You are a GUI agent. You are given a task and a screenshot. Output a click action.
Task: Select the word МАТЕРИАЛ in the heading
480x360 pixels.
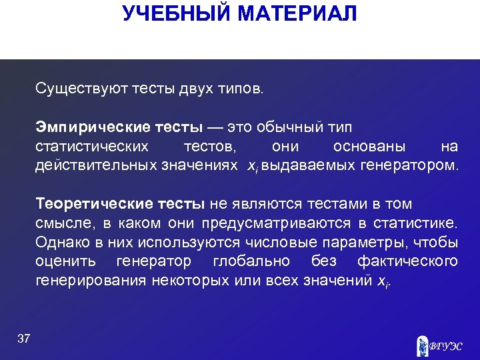point(299,13)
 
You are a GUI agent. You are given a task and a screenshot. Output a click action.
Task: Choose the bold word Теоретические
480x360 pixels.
point(85,204)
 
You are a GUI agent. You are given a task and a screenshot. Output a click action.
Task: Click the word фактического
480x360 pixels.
point(407,261)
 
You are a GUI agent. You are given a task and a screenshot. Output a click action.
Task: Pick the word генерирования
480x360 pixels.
point(87,280)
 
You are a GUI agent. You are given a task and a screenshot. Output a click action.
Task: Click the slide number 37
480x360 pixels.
point(23,339)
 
